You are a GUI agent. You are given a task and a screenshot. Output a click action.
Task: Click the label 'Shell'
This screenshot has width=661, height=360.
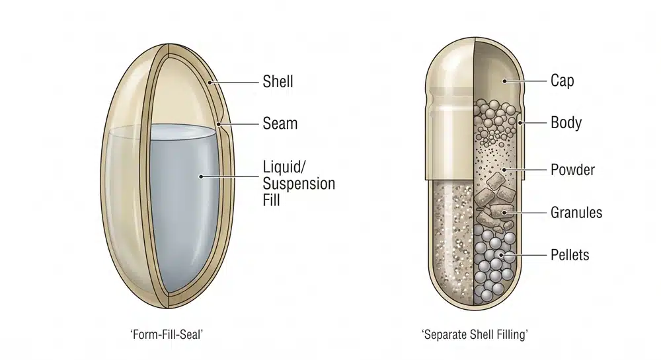pos(278,81)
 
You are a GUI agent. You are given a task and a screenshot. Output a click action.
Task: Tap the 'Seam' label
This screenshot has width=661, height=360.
pos(280,124)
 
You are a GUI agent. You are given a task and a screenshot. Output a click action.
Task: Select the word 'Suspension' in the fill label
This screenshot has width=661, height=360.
pos(299,184)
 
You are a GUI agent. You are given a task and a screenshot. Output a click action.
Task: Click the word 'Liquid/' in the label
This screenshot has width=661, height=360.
pos(284,166)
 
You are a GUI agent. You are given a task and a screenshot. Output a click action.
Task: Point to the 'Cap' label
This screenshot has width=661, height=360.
pos(562,81)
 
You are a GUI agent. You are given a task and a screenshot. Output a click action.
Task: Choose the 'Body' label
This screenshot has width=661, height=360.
pos(566,122)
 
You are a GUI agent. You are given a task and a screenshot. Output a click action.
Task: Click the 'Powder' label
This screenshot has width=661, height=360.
pos(572,170)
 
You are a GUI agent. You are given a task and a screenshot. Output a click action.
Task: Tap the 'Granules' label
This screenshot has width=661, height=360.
pos(576,212)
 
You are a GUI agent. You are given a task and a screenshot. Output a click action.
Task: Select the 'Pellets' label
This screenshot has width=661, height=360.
pos(570,255)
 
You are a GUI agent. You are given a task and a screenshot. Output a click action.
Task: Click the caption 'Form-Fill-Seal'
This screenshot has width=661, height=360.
pos(167,335)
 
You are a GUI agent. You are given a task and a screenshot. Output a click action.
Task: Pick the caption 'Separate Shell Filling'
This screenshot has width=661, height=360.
pos(475,335)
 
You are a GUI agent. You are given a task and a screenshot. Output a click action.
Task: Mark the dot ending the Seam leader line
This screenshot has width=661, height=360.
pos(219,124)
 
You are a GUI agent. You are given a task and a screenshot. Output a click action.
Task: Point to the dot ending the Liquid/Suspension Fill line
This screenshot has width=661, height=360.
pos(201,176)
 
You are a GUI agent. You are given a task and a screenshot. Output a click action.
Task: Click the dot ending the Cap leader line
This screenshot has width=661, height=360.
pos(504,81)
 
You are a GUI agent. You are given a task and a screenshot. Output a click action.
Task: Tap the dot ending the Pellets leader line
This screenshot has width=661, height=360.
pos(501,255)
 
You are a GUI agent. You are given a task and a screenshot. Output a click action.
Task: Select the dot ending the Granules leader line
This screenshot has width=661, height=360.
pos(504,213)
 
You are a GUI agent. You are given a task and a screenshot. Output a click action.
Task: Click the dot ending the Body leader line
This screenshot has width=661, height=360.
pos(520,123)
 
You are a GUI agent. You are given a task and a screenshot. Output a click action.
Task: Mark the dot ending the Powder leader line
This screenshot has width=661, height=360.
pos(505,170)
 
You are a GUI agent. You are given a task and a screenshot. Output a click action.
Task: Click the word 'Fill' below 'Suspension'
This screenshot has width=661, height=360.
pos(271,200)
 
